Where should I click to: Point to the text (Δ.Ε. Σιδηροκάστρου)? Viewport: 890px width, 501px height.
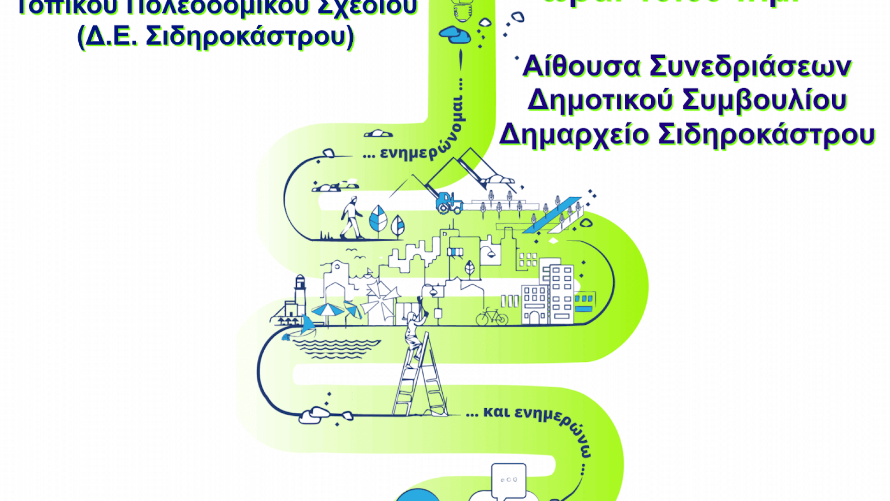[216, 36]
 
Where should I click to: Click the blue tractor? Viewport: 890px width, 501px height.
[449, 203]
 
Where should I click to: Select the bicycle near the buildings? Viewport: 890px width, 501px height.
[492, 317]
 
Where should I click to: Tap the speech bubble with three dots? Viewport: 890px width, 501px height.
[509, 481]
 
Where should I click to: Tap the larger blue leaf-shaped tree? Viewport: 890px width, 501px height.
[378, 218]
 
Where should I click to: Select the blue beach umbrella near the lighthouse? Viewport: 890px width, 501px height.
[328, 310]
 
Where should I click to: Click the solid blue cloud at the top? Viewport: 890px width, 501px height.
[455, 34]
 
